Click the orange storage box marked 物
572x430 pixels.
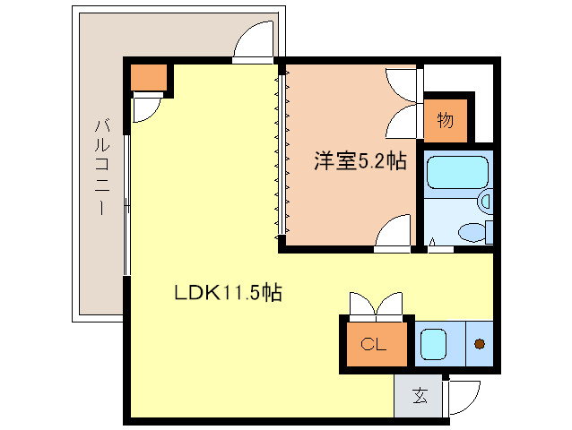pos(446,118)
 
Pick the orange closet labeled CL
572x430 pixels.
pos(375,343)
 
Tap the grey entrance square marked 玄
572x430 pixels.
pos(419,394)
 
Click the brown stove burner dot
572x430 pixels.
pos(480,343)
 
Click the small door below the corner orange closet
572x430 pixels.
pos(143,108)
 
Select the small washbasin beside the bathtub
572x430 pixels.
pos(486,202)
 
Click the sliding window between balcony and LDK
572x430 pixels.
pos(127,206)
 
